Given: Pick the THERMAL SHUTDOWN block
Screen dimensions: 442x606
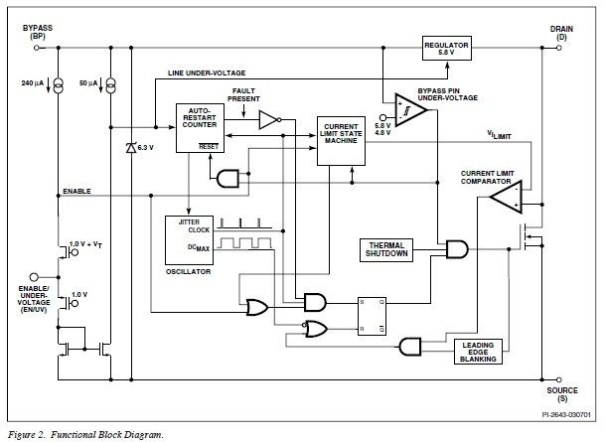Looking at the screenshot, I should coord(388,249).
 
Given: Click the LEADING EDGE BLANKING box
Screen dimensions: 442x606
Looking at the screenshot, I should coord(478,352).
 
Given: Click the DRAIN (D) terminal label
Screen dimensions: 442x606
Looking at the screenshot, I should coord(561,34).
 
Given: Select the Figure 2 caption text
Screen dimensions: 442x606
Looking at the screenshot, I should coord(85,434).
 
